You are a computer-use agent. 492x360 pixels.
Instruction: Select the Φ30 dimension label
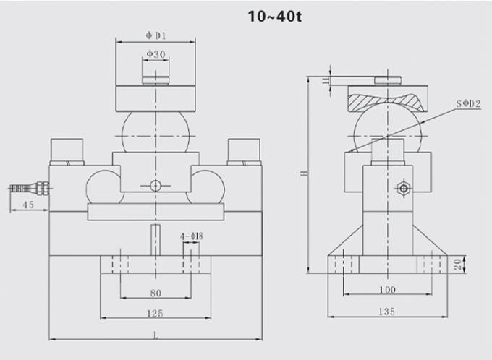156,54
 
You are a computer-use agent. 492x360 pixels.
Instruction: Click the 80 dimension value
156,293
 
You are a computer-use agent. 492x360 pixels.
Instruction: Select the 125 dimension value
156,313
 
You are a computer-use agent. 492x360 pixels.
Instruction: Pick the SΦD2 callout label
470,104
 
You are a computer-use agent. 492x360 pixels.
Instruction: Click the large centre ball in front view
156,130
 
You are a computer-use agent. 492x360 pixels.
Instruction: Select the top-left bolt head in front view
66,150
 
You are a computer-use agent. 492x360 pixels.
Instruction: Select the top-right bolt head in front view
244,150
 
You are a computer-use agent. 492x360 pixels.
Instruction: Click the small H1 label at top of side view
326,80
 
